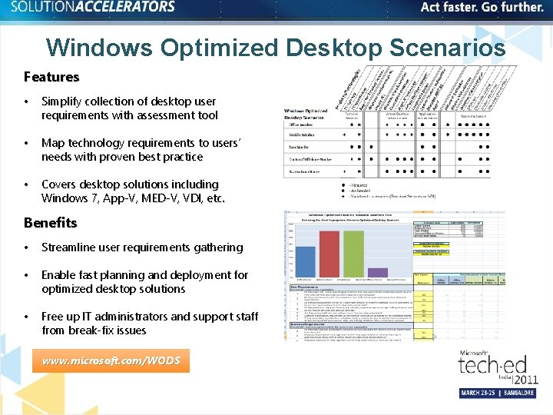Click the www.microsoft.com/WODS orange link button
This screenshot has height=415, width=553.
point(111,360)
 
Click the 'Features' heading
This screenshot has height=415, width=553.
point(51,77)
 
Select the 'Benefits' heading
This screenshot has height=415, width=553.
point(51,223)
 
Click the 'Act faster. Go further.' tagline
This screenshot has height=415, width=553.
point(482,8)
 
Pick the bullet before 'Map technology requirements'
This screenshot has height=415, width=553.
point(27,143)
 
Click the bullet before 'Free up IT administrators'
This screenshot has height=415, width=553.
point(27,317)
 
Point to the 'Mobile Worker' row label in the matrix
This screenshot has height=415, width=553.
point(302,134)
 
